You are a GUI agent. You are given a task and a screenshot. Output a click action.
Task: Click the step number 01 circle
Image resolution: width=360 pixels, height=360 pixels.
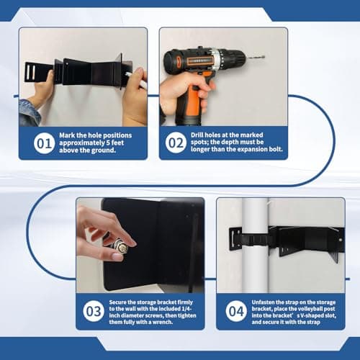tap(44, 143)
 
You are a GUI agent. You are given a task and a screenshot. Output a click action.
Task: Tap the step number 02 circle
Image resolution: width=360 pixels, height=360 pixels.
tap(176, 143)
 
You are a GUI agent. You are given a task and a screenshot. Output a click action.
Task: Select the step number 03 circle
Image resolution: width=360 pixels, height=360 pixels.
tap(94, 311)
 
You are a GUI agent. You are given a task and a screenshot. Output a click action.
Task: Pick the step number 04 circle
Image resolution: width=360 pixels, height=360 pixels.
tap(236, 311)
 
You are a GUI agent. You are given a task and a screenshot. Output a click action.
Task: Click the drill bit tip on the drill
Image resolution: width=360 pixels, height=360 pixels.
tap(264, 57)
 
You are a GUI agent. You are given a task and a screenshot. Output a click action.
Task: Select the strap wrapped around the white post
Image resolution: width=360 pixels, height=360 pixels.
tap(254, 240)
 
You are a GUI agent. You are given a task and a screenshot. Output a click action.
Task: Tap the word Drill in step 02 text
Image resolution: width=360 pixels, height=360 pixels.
tap(197, 135)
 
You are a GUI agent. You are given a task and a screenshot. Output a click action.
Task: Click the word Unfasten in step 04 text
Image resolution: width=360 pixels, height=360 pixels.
tap(263, 302)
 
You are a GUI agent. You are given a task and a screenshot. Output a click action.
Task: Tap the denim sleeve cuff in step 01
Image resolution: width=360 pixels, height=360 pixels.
tap(30, 113)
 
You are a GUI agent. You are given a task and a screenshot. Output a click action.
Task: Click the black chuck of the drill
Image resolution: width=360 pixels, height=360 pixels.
tap(234, 58)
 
